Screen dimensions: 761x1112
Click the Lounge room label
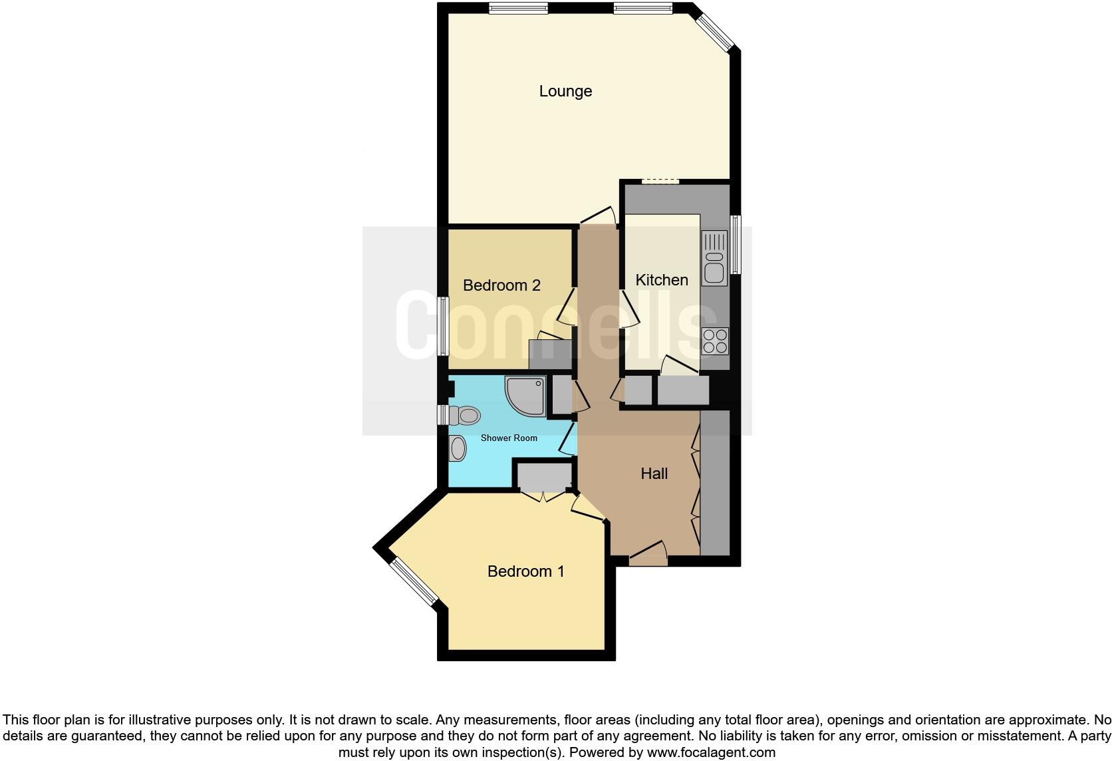coord(565,91)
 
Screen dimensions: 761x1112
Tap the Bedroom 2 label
coord(501,285)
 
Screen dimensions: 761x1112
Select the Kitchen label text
coord(662,280)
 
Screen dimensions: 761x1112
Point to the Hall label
coord(654,474)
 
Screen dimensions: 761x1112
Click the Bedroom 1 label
coord(525,571)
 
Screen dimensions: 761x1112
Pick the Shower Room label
coord(509,438)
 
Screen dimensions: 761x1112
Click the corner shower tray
coord(526,396)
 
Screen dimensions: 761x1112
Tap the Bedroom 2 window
coord(443,326)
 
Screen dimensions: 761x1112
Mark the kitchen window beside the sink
coord(736,244)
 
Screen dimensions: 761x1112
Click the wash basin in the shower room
coord(458,448)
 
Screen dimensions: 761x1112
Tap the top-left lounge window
coord(518,8)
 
